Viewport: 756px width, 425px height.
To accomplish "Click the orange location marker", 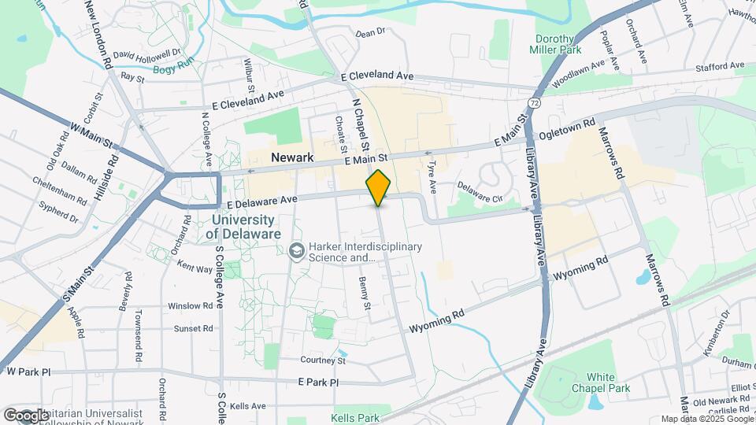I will [379, 187].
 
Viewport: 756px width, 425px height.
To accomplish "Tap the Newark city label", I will [292, 157].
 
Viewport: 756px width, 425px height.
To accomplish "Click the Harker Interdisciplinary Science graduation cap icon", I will [297, 251].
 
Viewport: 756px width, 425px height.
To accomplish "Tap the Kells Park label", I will [355, 418].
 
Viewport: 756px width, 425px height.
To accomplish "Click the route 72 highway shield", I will [535, 103].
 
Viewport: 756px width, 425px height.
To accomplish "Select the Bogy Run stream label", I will [173, 69].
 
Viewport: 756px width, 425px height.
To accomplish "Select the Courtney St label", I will [323, 360].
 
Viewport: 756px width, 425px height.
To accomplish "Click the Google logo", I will [26, 415].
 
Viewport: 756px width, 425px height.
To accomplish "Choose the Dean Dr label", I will [369, 33].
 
